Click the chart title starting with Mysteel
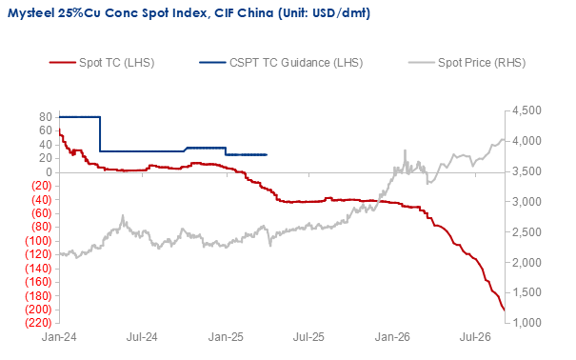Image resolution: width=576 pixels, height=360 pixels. coord(189,13)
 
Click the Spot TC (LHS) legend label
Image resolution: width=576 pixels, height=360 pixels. coord(116,63)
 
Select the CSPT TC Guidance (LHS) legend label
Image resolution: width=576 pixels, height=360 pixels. coord(296,63)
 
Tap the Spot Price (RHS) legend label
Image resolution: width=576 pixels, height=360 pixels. coord(482,63)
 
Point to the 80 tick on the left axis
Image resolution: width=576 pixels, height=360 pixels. coord(46,117)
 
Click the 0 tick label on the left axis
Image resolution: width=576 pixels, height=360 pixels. coord(49,172)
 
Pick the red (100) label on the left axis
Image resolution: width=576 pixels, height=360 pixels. coord(38,241)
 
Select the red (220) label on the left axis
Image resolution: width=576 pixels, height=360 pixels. coord(38,323)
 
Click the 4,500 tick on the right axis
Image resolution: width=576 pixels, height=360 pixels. coord(526,110)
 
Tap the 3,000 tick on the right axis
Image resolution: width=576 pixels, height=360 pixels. coord(526,202)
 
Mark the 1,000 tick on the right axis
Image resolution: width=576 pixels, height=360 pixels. coord(526,323)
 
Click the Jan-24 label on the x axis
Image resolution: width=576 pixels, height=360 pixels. coord(59,337)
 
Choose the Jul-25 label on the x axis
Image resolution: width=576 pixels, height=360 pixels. coord(308,337)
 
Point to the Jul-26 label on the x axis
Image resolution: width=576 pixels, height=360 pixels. coord(475,337)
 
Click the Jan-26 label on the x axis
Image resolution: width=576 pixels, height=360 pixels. coord(392,337)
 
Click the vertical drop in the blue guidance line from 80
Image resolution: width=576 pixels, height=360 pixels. coord(100,134)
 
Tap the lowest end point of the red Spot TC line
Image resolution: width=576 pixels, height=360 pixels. coord(504,310)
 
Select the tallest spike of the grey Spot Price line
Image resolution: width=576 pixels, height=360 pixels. coord(406,150)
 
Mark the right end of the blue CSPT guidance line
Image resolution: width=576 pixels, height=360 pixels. coord(267,154)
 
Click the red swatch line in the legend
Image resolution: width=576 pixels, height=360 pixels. coord(63,63)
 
